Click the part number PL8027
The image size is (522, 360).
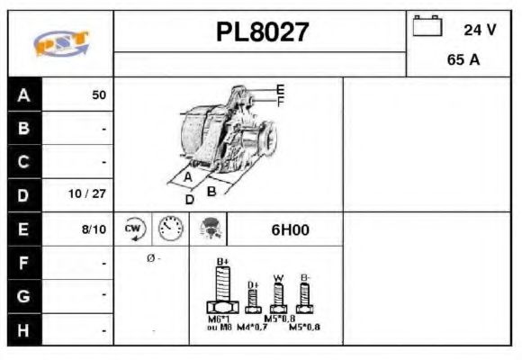262,33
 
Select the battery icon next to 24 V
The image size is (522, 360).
427,27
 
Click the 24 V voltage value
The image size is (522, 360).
480,29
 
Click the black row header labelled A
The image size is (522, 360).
23,94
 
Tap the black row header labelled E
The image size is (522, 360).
23,229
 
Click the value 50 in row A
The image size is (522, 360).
99,94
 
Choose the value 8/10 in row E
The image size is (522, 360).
94,229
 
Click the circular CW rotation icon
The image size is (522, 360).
133,229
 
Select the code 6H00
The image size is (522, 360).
290,229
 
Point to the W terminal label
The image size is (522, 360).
279,276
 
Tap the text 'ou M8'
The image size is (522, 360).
220,326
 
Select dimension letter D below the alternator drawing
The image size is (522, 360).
190,199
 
